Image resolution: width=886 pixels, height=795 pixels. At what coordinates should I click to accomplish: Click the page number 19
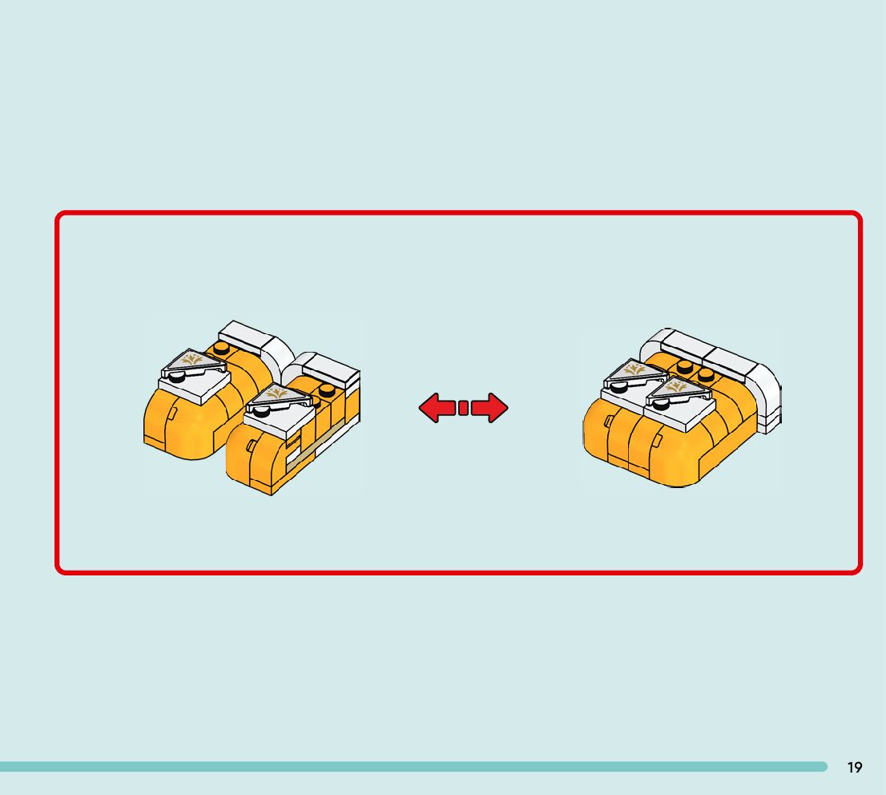coord(855,768)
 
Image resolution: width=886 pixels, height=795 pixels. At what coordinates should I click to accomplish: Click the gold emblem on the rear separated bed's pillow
coord(192,361)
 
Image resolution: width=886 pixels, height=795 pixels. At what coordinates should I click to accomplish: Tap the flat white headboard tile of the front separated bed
coord(329,365)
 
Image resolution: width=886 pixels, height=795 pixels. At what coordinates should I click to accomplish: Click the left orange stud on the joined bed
coord(684,366)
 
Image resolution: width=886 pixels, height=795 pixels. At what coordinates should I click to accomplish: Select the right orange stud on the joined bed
coord(705,375)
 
